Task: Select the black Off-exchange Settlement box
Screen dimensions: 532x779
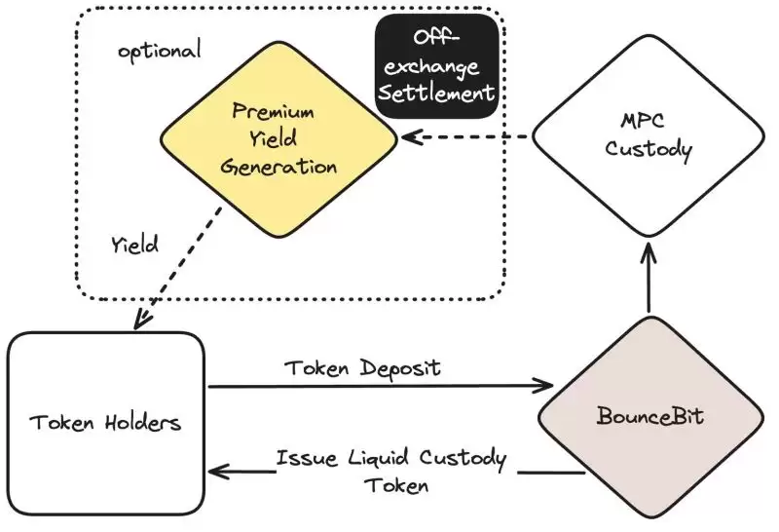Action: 437,66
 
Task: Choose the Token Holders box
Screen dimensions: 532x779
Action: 106,424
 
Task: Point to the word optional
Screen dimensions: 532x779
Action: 159,51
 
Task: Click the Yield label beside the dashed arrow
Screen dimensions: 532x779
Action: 134,245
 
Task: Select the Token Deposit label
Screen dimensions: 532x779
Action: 362,367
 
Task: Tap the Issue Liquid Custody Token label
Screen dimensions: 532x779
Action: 389,470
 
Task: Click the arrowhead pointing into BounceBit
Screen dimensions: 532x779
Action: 546,387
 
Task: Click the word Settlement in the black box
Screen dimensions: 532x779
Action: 437,95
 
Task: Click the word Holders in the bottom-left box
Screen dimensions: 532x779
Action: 142,424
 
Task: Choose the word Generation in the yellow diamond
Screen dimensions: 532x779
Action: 278,167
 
